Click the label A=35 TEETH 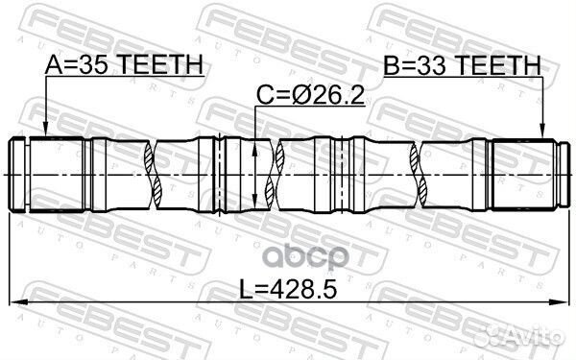[x=124, y=64]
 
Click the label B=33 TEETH [x=463, y=65]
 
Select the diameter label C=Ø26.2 [x=310, y=95]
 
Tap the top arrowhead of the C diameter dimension [x=254, y=149]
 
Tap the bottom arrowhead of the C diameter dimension [x=254, y=202]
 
